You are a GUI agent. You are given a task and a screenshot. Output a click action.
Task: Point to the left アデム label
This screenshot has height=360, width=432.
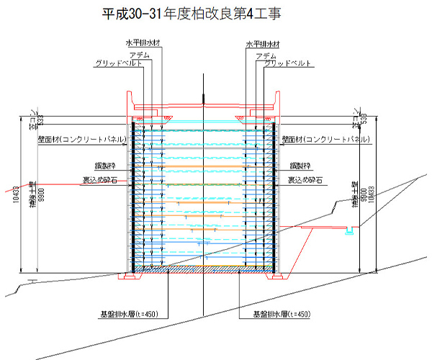pos(140,54)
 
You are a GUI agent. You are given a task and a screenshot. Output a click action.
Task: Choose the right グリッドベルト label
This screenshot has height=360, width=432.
pos(288,63)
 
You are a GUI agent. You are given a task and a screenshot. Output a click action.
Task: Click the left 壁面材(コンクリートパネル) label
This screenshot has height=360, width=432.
pos(80,140)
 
